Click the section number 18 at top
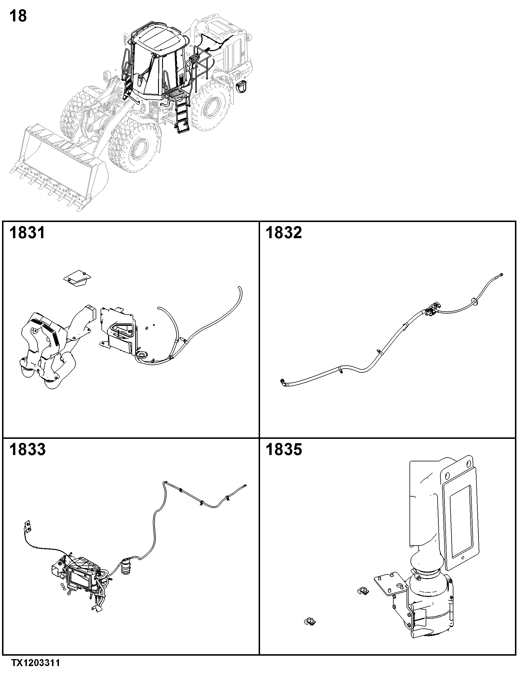tap(18, 16)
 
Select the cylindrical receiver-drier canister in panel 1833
tap(126, 566)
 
